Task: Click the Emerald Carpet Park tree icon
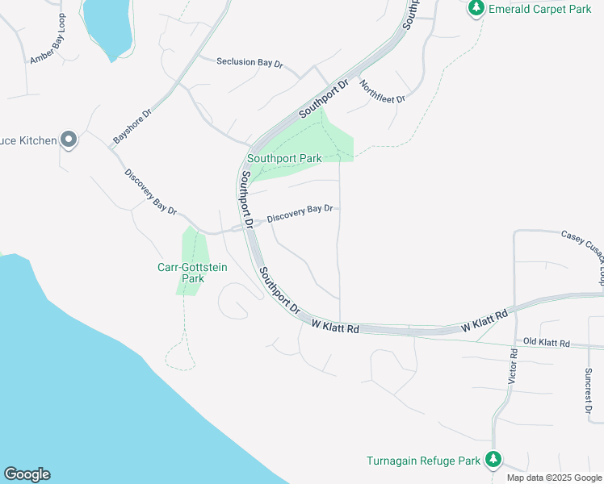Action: pos(476,8)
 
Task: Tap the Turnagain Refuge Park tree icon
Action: pos(493,461)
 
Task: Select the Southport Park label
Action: pos(284,159)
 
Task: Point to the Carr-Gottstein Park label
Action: pos(192,273)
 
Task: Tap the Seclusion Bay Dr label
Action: pos(250,62)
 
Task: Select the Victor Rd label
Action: pos(513,365)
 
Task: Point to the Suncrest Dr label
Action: pos(588,390)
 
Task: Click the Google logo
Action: pos(27,474)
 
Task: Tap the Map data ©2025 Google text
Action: pos(553,478)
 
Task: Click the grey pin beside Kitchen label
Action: pos(69,140)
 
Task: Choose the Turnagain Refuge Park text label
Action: pos(424,461)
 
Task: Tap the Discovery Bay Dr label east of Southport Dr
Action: pos(300,213)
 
